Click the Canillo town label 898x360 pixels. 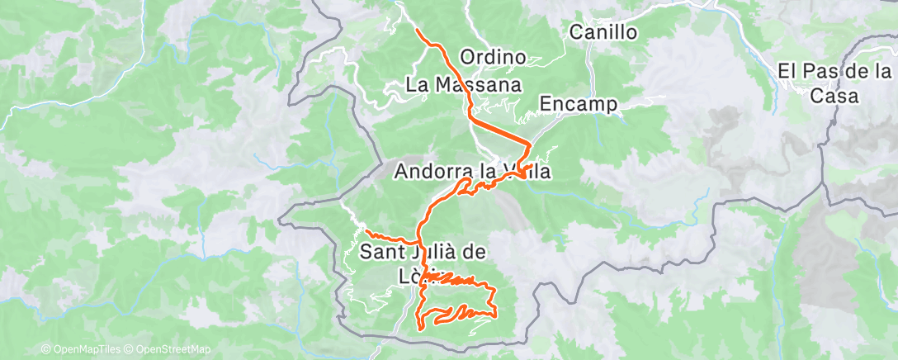(604, 33)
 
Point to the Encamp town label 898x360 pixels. (579, 104)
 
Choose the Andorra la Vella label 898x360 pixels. (472, 172)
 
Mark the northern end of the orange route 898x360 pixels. (417, 31)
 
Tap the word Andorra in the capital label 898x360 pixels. (434, 172)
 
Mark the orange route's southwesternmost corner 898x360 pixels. (420, 327)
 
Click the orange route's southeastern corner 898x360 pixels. (494, 315)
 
